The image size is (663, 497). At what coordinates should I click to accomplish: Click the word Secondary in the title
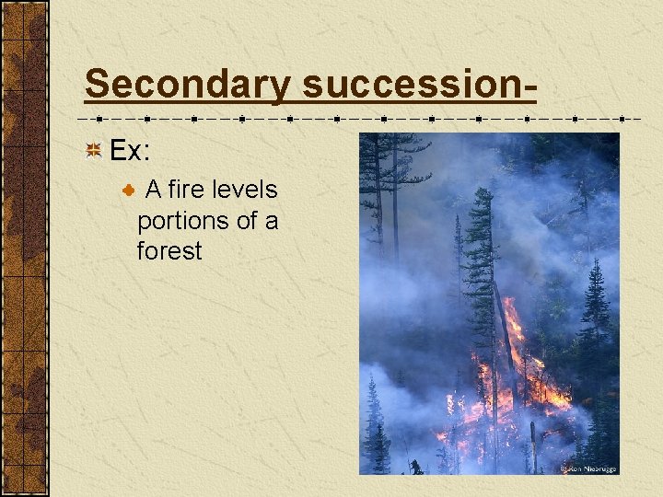point(187,85)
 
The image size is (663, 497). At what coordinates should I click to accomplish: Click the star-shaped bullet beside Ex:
point(93,150)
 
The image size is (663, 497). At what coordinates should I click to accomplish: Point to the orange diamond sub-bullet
point(128,190)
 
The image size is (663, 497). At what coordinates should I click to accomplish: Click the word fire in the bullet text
point(187,190)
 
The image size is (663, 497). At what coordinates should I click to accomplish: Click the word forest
point(169,251)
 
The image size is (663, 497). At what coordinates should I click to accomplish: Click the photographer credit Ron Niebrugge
point(589,468)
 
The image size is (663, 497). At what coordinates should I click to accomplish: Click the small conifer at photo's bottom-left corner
point(375,433)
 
